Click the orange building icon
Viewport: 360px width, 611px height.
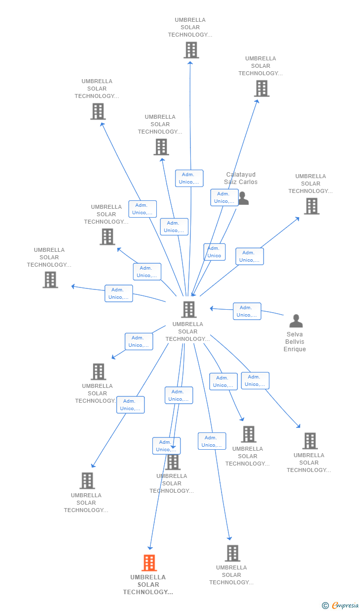(x=149, y=563)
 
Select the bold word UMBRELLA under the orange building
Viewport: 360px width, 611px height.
(x=148, y=577)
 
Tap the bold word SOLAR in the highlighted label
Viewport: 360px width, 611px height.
(x=148, y=585)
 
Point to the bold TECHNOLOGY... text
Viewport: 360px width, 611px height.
(x=148, y=592)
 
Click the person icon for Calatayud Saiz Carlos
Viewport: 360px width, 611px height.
(x=244, y=198)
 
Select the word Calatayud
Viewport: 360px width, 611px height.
(x=241, y=174)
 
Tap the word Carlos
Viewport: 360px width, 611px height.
(x=249, y=182)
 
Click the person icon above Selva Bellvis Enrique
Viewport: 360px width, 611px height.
(x=296, y=321)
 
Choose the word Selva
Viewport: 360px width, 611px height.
(x=295, y=334)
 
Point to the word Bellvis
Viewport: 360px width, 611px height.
(x=295, y=341)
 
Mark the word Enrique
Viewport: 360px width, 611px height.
(x=295, y=349)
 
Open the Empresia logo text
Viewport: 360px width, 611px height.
(x=345, y=605)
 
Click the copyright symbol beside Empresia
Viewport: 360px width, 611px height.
(x=325, y=606)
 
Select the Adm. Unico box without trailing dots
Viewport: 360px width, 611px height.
(x=215, y=252)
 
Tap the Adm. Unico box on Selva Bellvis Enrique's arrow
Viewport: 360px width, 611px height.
(x=247, y=311)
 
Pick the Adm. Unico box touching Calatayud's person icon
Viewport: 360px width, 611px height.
(x=225, y=197)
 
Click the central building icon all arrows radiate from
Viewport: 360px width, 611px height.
(x=189, y=309)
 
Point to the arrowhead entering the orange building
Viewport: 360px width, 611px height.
(x=150, y=548)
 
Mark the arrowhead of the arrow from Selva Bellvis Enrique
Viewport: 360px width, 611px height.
(x=211, y=308)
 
